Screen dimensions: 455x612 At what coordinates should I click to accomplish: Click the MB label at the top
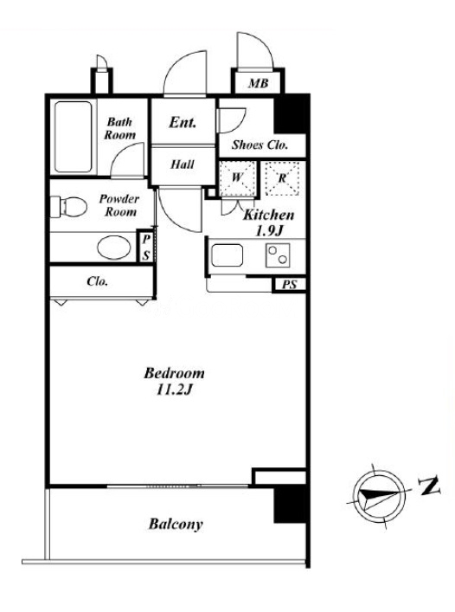(x=259, y=83)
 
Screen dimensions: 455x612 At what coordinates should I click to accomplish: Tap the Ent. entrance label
(x=182, y=123)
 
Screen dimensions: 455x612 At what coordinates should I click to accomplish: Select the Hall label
(x=182, y=164)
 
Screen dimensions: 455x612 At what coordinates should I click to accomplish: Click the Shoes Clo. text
(x=260, y=145)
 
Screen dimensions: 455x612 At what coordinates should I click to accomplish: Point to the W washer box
(x=237, y=179)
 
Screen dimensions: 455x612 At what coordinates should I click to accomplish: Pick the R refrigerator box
(x=282, y=178)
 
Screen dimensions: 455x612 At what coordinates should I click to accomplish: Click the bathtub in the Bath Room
(x=74, y=137)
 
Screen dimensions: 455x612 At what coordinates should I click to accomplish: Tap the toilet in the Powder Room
(x=68, y=207)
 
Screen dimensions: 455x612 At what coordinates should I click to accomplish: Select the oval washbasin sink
(x=114, y=248)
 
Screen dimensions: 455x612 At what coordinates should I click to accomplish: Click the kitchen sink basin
(x=227, y=255)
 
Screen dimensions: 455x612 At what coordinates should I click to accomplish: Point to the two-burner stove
(x=278, y=255)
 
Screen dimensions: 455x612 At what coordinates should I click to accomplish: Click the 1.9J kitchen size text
(x=269, y=231)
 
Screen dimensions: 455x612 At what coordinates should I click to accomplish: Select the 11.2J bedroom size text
(x=174, y=390)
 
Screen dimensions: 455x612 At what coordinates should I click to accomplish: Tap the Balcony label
(x=176, y=524)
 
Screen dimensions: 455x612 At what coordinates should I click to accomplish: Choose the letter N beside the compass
(x=430, y=486)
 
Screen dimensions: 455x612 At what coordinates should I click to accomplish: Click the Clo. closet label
(x=98, y=281)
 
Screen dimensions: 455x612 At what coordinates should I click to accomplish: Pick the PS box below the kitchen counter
(x=289, y=285)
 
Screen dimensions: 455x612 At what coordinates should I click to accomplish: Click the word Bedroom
(x=174, y=374)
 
